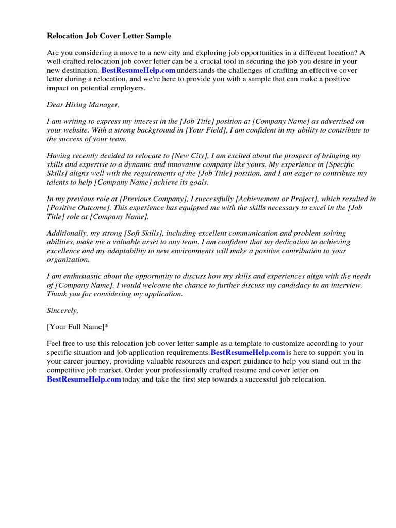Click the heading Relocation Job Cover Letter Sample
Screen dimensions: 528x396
109,36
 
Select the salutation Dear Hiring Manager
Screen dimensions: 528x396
83,105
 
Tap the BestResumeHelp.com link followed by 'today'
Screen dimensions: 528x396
84,379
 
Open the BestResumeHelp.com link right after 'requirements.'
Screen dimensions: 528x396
248,352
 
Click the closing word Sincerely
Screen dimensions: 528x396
62,311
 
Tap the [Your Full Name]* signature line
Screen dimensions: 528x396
78,327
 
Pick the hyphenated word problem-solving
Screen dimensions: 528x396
321,233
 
